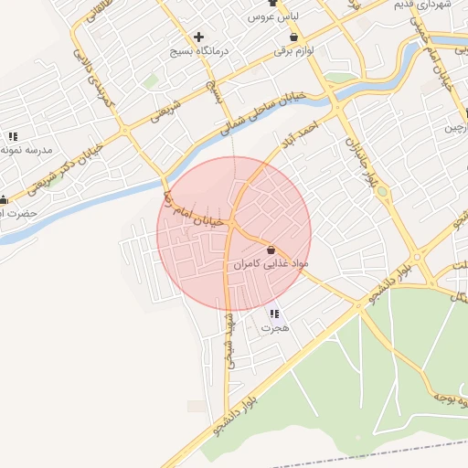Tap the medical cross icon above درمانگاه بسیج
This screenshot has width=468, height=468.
(x=198, y=37)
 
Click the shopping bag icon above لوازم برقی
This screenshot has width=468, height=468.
(x=293, y=37)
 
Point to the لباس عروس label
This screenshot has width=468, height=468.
(x=269, y=17)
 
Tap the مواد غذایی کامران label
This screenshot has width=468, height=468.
(x=271, y=264)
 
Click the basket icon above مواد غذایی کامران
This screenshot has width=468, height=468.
(x=271, y=250)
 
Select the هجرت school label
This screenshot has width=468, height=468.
(x=274, y=327)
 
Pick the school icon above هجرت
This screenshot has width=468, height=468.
(x=274, y=314)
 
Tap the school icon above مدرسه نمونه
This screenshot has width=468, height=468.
(x=12, y=136)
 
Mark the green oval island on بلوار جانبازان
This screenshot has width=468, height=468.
(x=381, y=192)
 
